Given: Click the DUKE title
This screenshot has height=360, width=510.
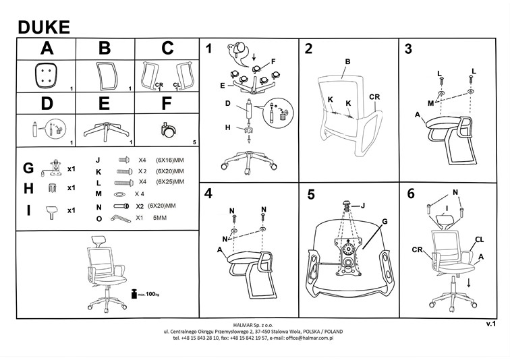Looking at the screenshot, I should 43,26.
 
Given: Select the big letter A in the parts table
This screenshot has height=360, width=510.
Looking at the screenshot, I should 46,49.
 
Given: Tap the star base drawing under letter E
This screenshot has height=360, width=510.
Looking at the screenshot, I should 105,129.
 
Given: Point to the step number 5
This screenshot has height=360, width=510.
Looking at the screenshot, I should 311,196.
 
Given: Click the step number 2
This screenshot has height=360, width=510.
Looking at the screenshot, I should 308,49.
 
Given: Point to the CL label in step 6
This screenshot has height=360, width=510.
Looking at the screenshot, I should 478,239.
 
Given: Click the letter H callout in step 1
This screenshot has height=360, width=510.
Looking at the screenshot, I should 227,127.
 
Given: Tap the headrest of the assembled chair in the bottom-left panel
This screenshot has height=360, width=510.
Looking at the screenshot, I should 98,239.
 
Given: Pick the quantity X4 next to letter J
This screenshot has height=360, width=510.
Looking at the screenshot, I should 142,160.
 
